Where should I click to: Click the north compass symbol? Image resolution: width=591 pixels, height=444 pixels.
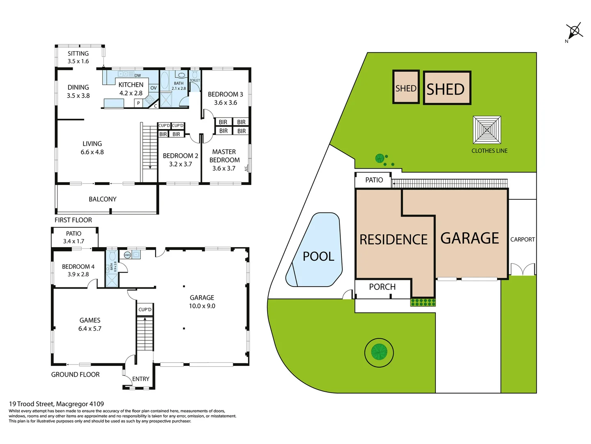click(575, 31)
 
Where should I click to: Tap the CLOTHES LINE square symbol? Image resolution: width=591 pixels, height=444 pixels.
click(487, 130)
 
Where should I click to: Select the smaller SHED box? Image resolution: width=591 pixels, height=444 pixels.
click(406, 87)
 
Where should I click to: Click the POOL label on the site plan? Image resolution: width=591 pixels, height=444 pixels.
click(318, 257)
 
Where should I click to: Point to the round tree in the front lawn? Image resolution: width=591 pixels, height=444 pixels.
click(379, 352)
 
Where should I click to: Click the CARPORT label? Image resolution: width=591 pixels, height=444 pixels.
click(522, 239)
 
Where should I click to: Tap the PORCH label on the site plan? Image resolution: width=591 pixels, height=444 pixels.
click(382, 287)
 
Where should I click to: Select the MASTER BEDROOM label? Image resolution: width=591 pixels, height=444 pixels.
click(224, 160)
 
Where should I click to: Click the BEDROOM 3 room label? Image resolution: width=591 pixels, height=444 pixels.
click(225, 98)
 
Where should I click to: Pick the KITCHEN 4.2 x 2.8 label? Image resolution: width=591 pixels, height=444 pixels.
click(131, 89)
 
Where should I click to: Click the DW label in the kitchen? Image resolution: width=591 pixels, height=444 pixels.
click(137, 76)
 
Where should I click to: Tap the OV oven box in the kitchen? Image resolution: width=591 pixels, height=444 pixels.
click(153, 88)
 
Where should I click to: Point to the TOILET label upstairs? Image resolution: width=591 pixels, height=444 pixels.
click(195, 81)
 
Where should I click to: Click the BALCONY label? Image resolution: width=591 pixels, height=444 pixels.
click(103, 199)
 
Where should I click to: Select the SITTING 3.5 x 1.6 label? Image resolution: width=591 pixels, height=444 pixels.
click(78, 57)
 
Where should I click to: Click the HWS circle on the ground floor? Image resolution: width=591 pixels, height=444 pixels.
click(127, 255)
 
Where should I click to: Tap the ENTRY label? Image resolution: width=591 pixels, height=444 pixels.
click(141, 379)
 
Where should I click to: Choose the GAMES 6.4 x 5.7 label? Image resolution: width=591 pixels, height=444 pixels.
click(90, 324)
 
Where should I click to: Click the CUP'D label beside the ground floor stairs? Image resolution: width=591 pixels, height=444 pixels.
click(145, 310)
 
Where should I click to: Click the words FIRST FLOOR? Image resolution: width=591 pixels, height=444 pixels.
click(73, 220)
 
